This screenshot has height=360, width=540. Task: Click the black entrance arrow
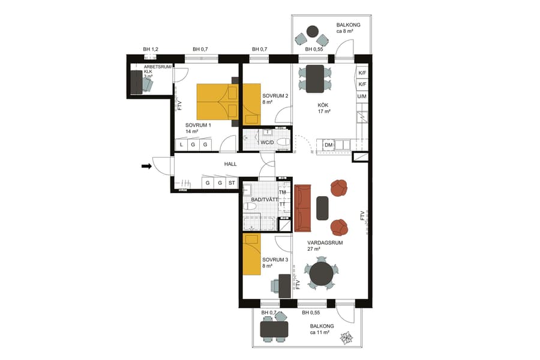point(146,166)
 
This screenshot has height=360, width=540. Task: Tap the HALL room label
point(231,164)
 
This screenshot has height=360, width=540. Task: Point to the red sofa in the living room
point(303,208)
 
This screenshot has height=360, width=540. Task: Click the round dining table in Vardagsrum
point(321,274)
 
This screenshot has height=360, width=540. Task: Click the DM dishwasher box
point(328,145)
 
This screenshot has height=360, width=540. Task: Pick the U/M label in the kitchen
point(362,96)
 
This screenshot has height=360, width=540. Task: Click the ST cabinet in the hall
point(232,183)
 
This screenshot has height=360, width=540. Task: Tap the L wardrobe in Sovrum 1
point(181,145)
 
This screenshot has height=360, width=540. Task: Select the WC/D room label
point(267,143)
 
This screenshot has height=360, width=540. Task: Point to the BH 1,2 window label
point(151,49)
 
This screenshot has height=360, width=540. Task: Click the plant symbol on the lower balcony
point(346,340)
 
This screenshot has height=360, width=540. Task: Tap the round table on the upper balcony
point(311,31)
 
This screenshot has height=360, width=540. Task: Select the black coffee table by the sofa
point(323,208)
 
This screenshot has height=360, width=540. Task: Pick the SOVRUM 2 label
point(275,96)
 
